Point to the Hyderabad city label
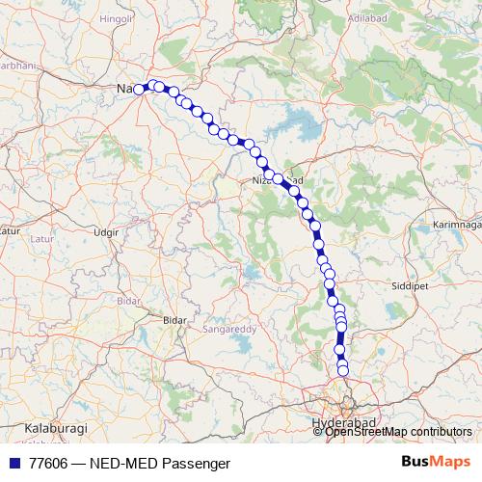pos(342,422)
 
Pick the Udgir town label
pos(106,232)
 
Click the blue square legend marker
pos(13,463)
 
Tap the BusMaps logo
pos(436,462)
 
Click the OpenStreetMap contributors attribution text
pos(399,432)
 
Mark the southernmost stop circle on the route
pos(343,371)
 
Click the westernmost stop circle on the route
pos(139,89)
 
